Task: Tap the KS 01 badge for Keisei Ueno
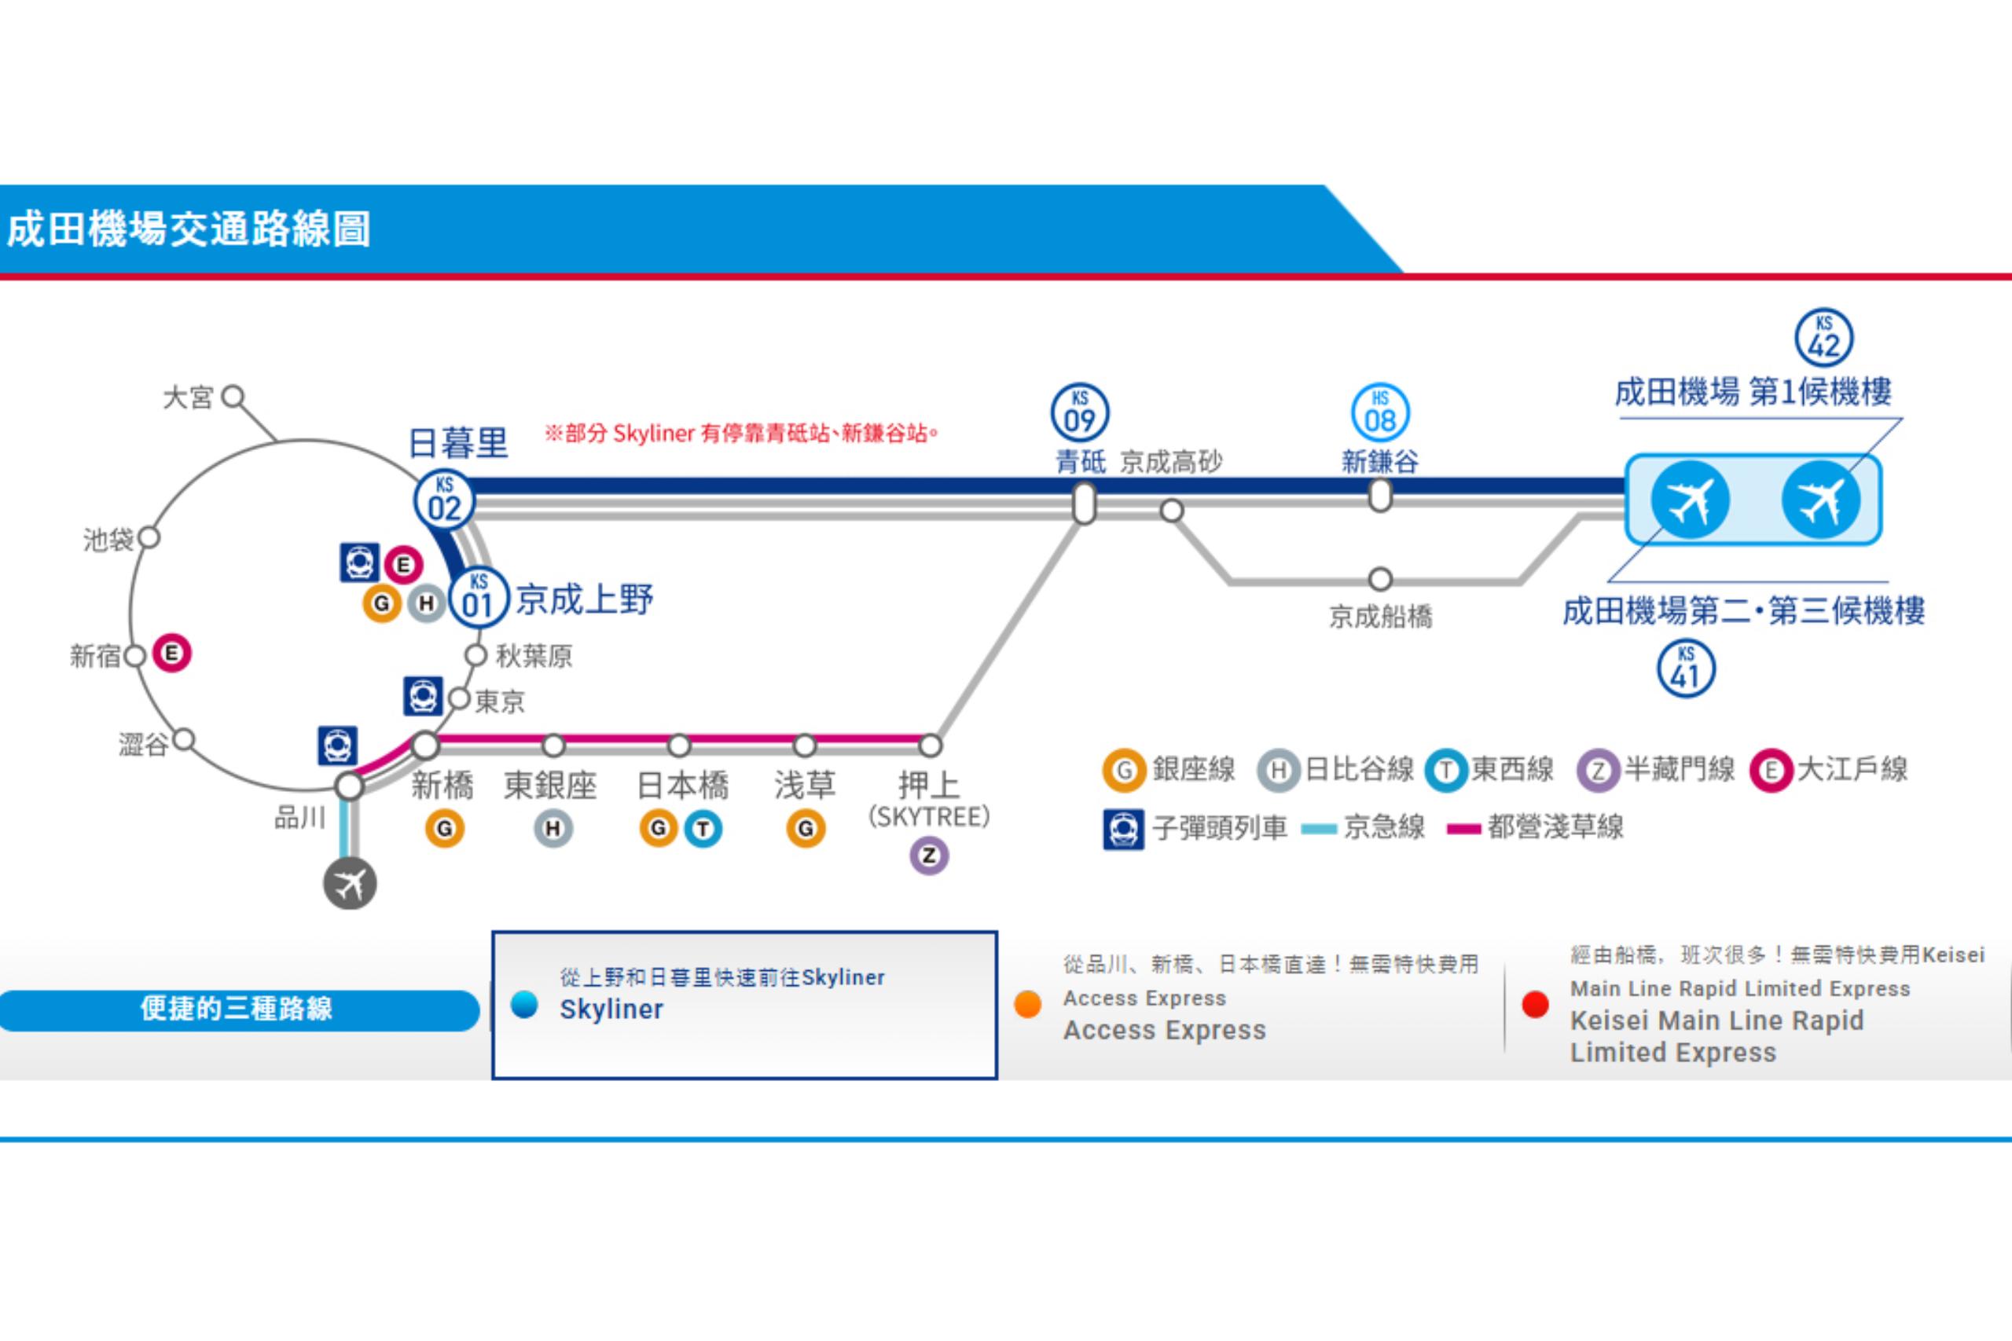tap(478, 598)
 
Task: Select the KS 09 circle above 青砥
tap(1080, 412)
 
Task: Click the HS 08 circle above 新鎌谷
tap(1380, 412)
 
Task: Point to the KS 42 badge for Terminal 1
tap(1824, 338)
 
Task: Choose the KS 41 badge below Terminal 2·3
tap(1685, 669)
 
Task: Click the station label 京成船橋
tap(1380, 616)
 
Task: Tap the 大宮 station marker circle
tap(233, 397)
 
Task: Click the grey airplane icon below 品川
tap(350, 884)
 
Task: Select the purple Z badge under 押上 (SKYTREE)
tap(929, 856)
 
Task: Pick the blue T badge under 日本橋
tap(703, 828)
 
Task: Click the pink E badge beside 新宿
tap(172, 654)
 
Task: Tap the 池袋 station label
tap(108, 540)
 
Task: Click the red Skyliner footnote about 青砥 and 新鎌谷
tap(741, 434)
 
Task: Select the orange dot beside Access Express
tap(1027, 1005)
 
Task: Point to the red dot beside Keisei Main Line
tap(1536, 1005)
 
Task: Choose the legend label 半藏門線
tap(1680, 770)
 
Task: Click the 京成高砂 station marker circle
tap(1171, 511)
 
